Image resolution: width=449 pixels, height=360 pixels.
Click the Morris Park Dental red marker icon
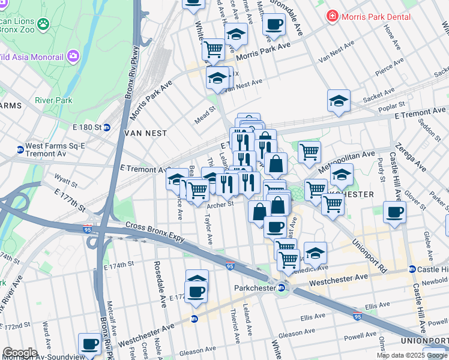331,16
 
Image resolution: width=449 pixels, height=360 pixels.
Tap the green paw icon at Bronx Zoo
43,24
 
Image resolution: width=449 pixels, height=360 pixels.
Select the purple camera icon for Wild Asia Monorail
73,56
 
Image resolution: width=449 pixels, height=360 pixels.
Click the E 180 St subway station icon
107,127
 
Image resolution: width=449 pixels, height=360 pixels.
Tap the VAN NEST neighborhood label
145,133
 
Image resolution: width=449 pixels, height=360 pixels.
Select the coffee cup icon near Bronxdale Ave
274,25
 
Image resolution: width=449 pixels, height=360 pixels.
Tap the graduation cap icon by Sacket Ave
339,100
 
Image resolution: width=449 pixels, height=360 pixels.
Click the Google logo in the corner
19,353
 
